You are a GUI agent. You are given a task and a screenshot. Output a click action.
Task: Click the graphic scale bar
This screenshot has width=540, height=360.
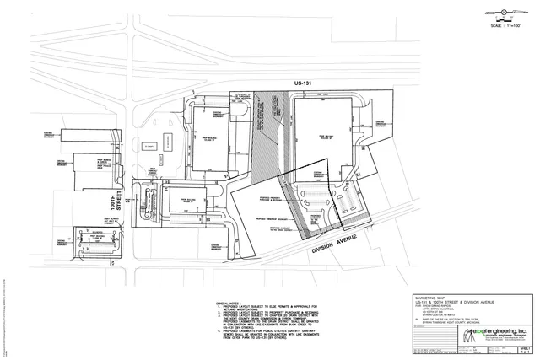[507, 20]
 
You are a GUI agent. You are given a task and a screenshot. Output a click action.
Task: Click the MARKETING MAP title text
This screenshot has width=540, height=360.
[432, 298]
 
